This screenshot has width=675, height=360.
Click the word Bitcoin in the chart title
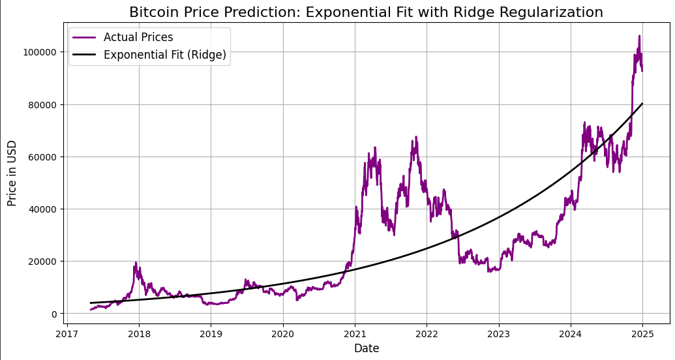pos(151,12)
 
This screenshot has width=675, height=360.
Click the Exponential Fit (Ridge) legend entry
pos(165,55)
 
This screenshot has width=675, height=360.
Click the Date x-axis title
pos(367,349)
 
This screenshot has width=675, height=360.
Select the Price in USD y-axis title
pos(12,173)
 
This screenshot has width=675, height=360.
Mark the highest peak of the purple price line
pos(639,37)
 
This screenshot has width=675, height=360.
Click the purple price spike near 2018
pos(136,263)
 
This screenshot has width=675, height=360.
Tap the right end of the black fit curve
pos(642,104)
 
